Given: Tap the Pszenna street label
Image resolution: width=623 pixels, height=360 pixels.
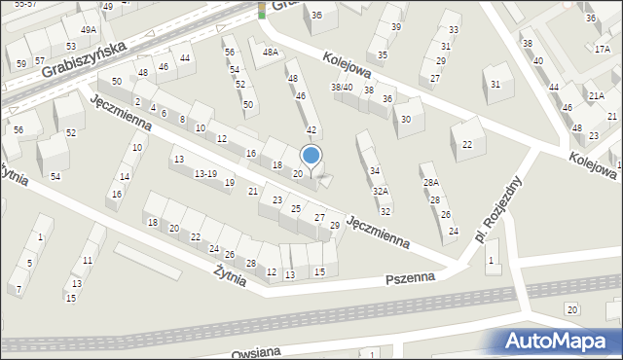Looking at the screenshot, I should click(408, 278).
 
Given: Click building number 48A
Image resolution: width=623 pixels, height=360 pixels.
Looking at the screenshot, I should click(270, 53).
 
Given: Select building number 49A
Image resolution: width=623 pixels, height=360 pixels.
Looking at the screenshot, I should click(89, 30).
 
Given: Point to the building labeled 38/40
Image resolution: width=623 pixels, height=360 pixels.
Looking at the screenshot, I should click(342, 88).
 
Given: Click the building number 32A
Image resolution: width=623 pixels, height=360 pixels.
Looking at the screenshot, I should click(381, 192).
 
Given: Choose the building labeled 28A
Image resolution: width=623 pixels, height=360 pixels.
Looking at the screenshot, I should click(430, 182).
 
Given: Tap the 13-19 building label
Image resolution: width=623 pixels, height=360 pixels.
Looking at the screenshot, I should click(205, 173).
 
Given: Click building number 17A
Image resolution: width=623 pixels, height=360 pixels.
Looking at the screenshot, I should click(602, 49).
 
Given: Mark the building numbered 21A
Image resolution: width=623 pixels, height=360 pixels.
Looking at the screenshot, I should click(597, 94).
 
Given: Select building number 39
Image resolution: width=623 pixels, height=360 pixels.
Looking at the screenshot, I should click(395, 27).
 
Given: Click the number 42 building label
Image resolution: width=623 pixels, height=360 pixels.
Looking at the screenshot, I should click(311, 129).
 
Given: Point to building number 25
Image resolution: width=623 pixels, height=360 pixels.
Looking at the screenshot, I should click(295, 209).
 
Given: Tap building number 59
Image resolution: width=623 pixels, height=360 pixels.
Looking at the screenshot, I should click(21, 64).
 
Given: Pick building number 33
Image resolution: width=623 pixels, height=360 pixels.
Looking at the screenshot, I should click(453, 29).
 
